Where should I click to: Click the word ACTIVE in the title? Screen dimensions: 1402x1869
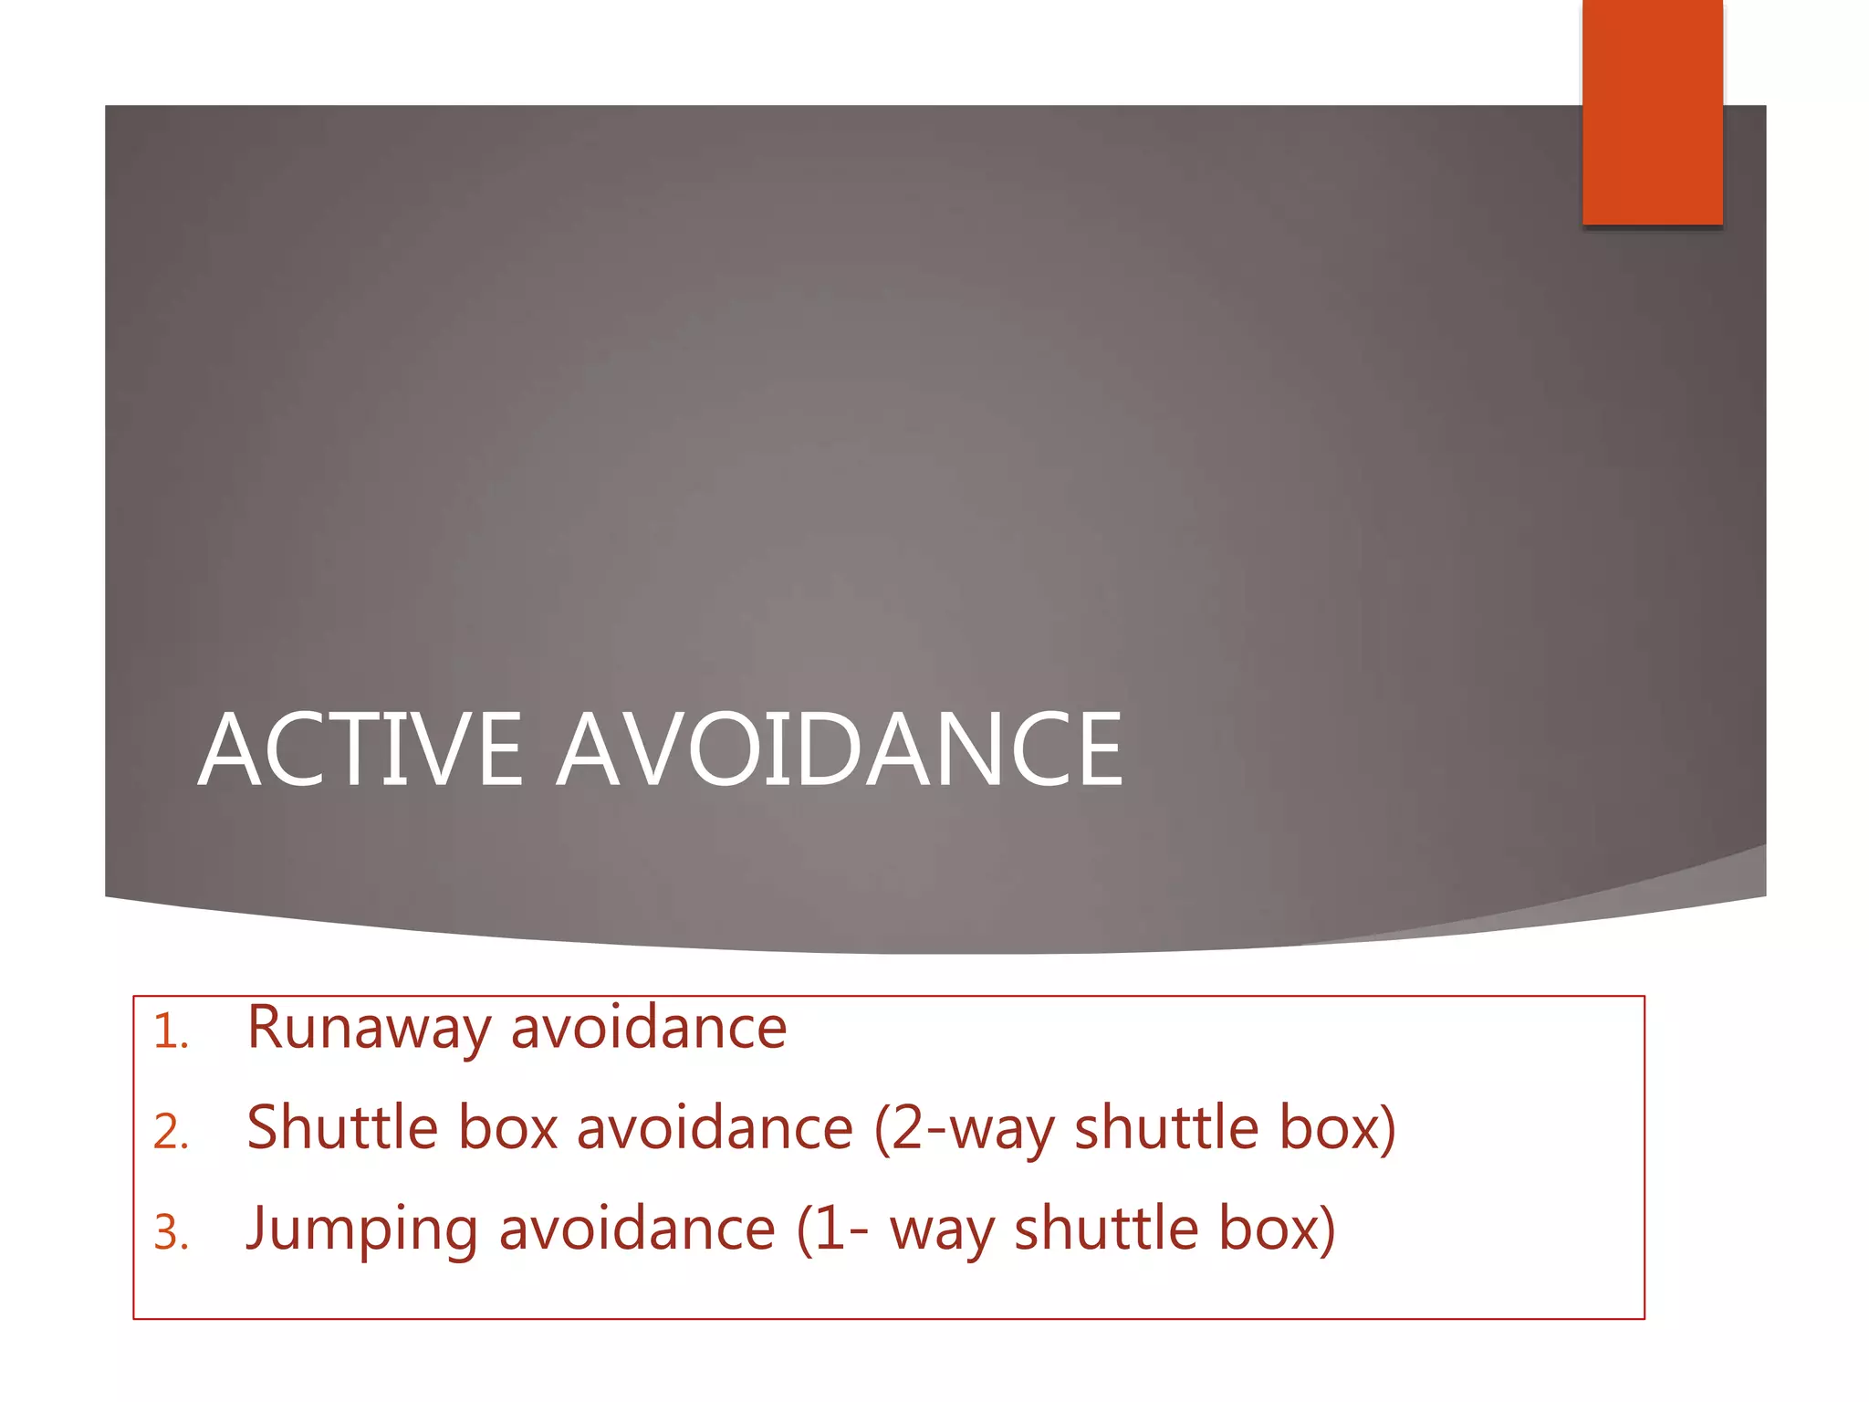tap(360, 750)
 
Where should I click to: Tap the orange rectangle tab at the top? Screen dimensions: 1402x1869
tap(1652, 111)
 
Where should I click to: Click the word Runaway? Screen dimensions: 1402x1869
tap(369, 1030)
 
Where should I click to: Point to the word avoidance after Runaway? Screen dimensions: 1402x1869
tap(649, 1028)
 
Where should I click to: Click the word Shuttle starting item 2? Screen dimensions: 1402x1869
tap(342, 1128)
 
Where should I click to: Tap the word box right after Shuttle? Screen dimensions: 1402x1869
tap(508, 1128)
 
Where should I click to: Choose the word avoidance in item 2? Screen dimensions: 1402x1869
tap(715, 1128)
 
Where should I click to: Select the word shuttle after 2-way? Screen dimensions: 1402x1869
tap(1167, 1128)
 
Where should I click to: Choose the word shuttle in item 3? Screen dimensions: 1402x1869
tap(1107, 1229)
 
